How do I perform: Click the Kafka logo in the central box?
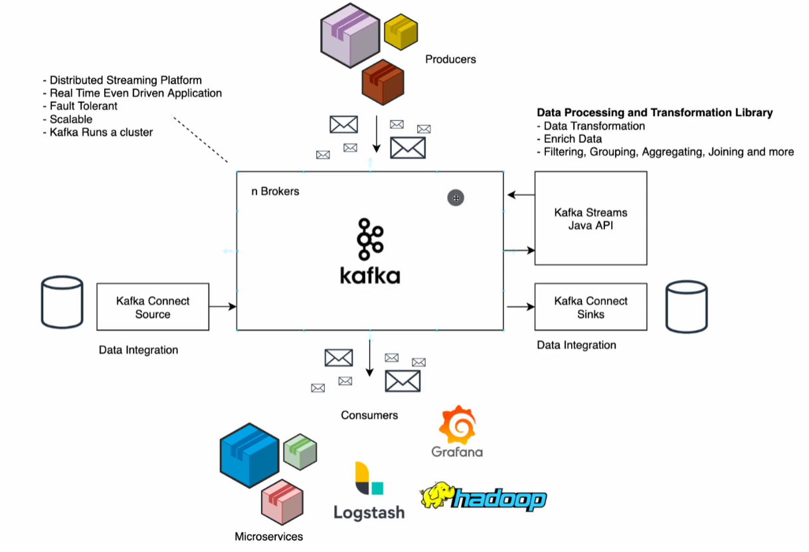coord(370,251)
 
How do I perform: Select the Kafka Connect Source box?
coord(153,307)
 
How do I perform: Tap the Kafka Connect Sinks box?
coord(590,307)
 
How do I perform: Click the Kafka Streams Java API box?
coord(590,219)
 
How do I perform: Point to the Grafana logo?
coord(457,432)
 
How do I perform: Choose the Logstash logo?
coord(369,491)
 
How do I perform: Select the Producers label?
coord(450,59)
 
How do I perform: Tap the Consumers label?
coord(369,415)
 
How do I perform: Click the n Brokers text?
coord(275,192)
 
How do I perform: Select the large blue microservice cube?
coord(248,455)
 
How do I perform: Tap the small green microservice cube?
coord(300,452)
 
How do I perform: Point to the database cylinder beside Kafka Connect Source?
coord(62,303)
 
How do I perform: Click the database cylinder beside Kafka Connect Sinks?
coord(687,307)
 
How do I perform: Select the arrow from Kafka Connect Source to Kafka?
coord(223,307)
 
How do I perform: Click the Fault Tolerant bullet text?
coord(83,106)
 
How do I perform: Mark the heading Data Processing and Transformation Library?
coord(654,112)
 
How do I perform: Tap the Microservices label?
coord(268,536)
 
